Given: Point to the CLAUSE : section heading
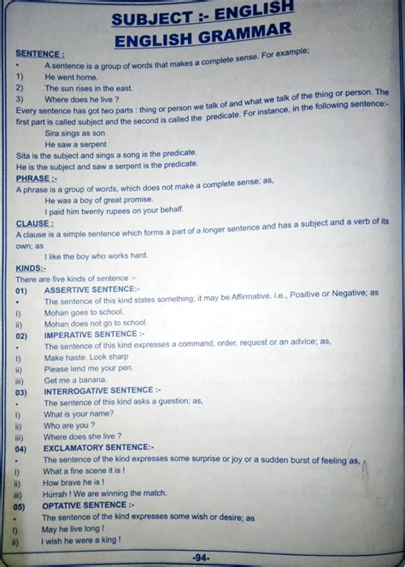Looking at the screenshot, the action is click(x=34, y=223).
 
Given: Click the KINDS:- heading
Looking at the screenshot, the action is click(x=30, y=268).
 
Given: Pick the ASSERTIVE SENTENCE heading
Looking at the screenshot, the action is click(x=90, y=290).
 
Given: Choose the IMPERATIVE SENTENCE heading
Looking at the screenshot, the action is click(x=94, y=336).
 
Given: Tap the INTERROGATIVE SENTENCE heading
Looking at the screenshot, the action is click(x=103, y=391).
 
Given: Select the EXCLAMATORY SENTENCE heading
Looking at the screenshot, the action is click(x=98, y=447).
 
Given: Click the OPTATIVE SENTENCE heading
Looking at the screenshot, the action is click(x=90, y=506).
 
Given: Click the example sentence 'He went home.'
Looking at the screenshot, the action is click(x=71, y=77).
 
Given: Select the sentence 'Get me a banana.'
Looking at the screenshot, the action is click(x=77, y=380).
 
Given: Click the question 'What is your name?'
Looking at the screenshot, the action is click(x=78, y=413).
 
